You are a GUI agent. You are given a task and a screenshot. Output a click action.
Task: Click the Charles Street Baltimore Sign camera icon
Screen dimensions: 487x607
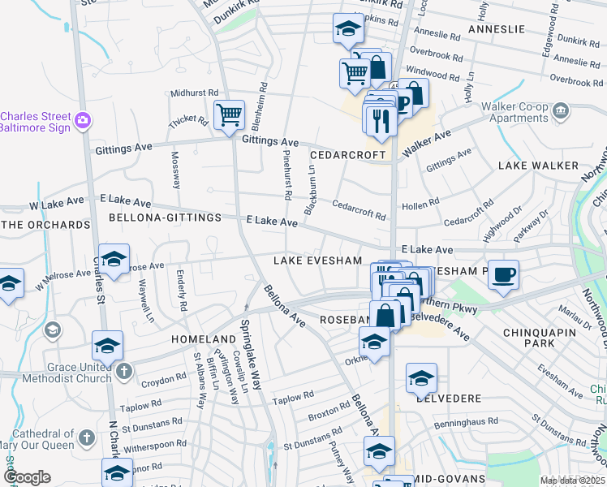click(82, 120)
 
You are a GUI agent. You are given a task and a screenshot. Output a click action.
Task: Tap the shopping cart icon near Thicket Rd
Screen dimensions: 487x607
click(230, 114)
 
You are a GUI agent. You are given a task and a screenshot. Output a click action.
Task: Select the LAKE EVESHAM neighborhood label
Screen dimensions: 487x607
click(316, 261)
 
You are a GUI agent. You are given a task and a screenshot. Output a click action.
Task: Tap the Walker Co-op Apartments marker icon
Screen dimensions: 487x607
click(560, 110)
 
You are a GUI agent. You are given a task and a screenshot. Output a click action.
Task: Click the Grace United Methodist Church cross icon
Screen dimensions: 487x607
click(123, 371)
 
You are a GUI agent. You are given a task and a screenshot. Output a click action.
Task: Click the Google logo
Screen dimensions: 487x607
click(27, 477)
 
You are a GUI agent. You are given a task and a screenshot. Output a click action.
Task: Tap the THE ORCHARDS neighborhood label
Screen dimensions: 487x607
click(46, 225)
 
